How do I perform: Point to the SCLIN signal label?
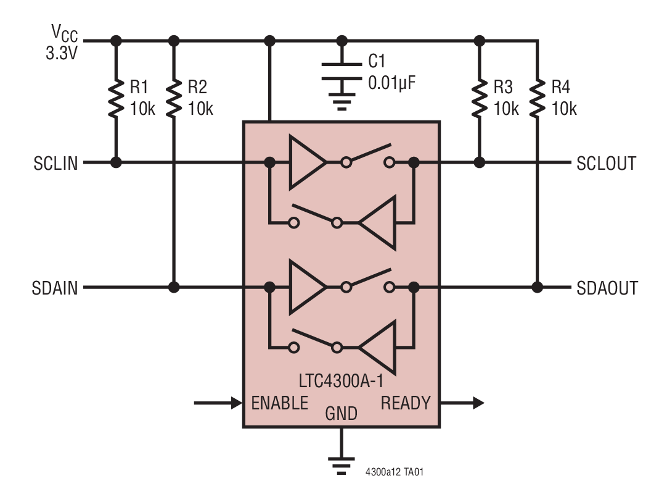pos(55,164)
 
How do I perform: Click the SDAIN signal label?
pos(55,288)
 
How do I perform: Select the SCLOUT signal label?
pos(606,164)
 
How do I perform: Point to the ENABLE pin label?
pos(279,403)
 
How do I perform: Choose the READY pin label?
pos(405,403)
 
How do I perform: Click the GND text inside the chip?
pos(341,413)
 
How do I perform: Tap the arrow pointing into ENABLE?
pos(218,403)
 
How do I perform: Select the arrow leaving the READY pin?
pos(462,403)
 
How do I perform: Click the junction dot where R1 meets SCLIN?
pos(115,163)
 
